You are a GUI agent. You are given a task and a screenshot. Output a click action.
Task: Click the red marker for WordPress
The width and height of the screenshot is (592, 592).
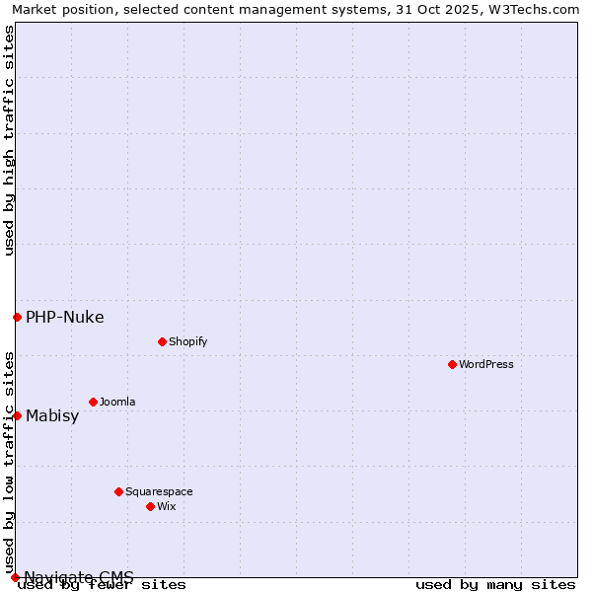tap(452, 364)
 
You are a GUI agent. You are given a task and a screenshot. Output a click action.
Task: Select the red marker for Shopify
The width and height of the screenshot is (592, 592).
tap(162, 341)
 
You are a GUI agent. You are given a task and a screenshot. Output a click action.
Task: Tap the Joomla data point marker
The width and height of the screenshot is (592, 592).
tap(93, 402)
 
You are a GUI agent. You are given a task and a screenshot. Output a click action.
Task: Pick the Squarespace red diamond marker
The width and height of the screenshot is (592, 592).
tap(118, 491)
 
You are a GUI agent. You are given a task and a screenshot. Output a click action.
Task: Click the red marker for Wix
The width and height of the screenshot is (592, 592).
tap(150, 506)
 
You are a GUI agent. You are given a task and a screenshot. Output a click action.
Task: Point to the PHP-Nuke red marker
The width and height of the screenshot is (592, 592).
tap(17, 317)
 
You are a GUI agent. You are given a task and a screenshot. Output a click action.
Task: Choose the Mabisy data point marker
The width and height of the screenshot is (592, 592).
tap(17, 415)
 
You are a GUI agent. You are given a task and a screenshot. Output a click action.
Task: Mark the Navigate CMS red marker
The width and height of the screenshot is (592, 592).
tap(15, 577)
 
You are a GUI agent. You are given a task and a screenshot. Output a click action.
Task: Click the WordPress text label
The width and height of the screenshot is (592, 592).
tap(486, 364)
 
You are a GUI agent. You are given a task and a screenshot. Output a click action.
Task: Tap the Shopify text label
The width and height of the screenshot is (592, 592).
tap(187, 341)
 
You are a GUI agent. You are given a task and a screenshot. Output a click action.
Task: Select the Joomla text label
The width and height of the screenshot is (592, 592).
tap(117, 402)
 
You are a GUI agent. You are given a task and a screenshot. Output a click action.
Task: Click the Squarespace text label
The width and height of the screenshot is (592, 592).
tap(159, 491)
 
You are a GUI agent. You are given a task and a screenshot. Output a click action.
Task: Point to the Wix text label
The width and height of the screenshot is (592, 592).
tap(166, 506)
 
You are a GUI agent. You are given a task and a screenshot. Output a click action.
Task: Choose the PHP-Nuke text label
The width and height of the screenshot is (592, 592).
tap(64, 317)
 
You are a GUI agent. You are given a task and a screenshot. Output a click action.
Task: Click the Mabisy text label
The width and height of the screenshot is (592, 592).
tap(52, 415)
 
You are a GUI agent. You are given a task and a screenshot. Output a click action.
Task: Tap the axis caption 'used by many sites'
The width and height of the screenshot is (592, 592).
tap(495, 584)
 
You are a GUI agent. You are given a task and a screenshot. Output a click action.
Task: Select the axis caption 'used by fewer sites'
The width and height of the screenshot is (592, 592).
tap(102, 584)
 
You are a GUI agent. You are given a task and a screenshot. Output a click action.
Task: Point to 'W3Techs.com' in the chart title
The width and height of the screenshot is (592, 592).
tap(539, 9)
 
